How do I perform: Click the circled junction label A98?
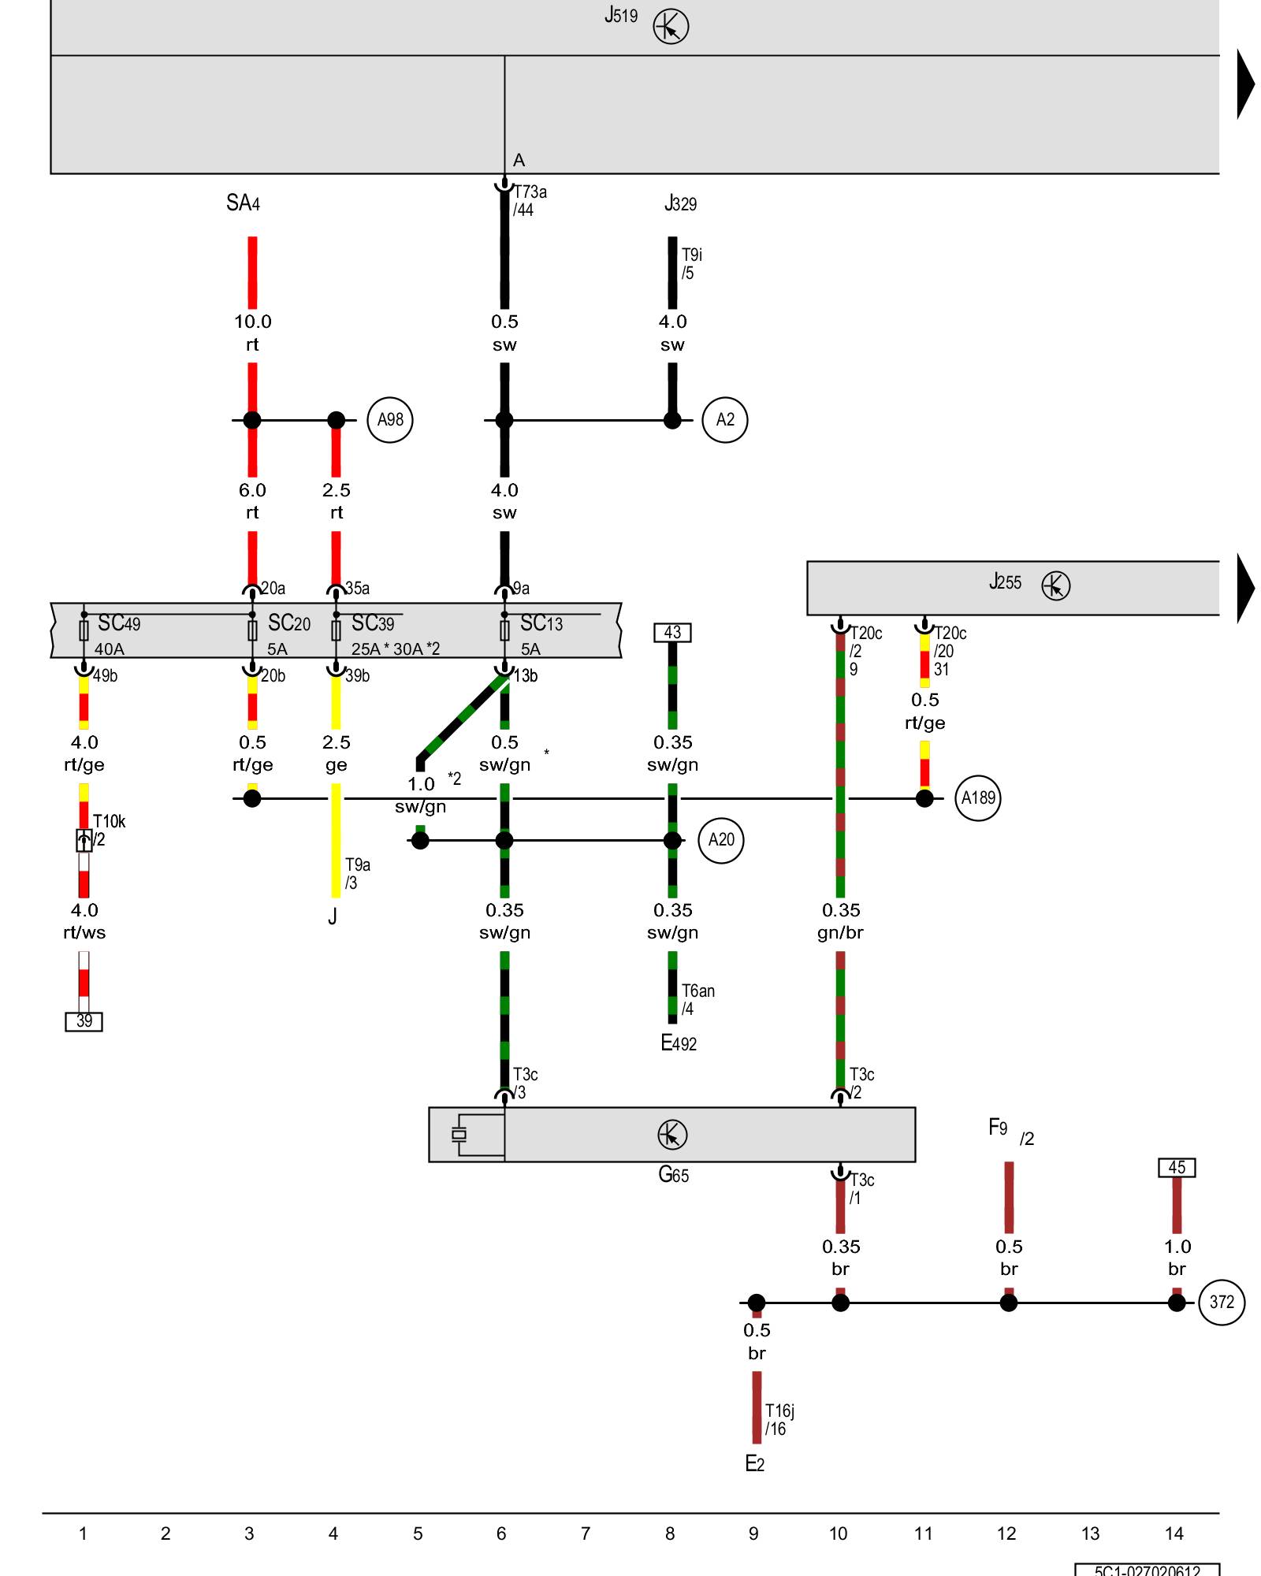pos(390,420)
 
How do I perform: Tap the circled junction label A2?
pos(725,420)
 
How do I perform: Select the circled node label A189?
pos(978,798)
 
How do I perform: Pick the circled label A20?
pos(721,840)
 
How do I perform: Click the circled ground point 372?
pos(1222,1303)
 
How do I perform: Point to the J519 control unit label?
pos(621,16)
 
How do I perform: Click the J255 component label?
pos(1005,582)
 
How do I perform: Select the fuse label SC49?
pos(119,623)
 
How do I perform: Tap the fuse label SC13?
pos(541,623)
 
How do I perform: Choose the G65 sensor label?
pos(674,1175)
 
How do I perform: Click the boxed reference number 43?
pos(672,633)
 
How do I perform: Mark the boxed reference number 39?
pos(84,1021)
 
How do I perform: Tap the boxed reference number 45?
pos(1177,1167)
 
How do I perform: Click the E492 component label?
pos(679,1043)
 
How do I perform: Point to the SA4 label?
pos(243,203)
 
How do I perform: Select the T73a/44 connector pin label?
pos(530,201)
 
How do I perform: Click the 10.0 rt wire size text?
pos(252,333)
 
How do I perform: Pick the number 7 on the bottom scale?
pos(586,1533)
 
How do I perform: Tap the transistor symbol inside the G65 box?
pos(672,1135)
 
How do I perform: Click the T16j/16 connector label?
pos(779,1419)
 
